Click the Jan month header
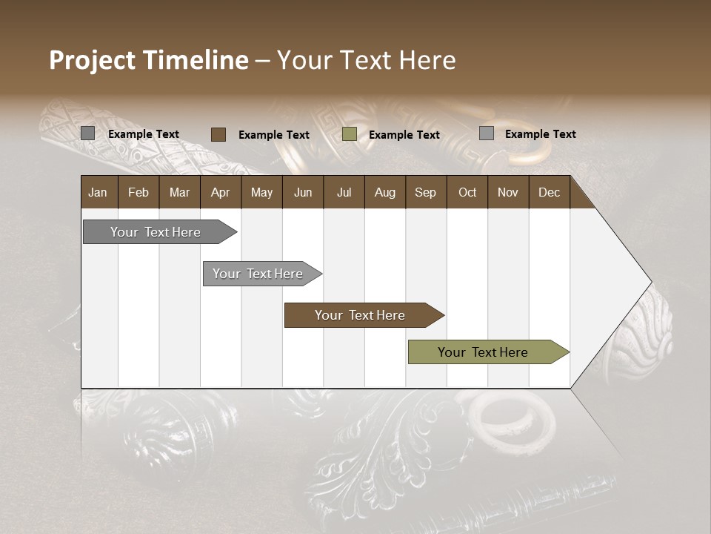click(98, 192)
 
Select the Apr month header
click(220, 192)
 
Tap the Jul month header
click(344, 192)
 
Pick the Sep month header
click(425, 192)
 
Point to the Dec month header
click(549, 192)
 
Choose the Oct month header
click(467, 192)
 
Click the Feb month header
click(138, 192)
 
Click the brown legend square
click(218, 134)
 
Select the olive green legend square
click(350, 134)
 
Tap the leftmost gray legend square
click(87, 133)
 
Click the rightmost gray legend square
click(487, 133)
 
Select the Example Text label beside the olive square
click(404, 135)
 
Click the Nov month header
click(508, 192)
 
